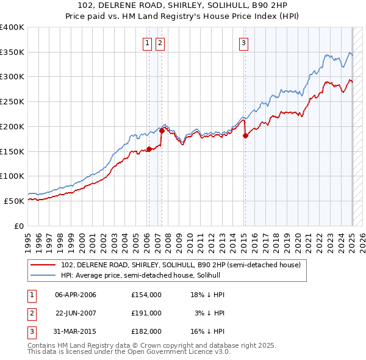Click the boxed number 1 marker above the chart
coord(148,43)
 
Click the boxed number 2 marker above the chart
coord(160,43)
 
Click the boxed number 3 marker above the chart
coord(243,43)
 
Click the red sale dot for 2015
coord(245,136)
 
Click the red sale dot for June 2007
coord(162,131)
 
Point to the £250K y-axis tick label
coord(12,101)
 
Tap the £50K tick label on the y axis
coord(14,200)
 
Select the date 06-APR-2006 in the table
coord(76,295)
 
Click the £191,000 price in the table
coord(146,312)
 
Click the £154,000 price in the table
coord(146,295)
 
